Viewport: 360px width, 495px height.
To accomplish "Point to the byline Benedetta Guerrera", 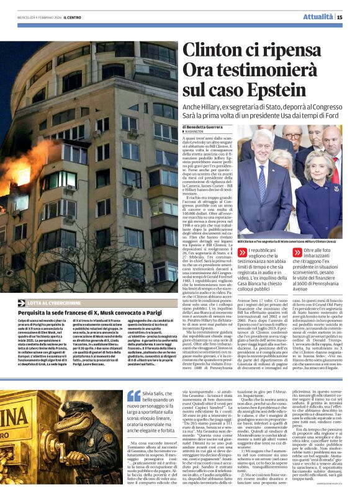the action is (x=207, y=127).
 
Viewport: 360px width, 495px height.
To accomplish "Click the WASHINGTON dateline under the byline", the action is (x=196, y=132).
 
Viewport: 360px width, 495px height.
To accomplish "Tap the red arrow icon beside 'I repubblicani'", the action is (x=243, y=252).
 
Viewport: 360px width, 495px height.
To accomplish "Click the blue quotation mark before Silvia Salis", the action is (x=133, y=396).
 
